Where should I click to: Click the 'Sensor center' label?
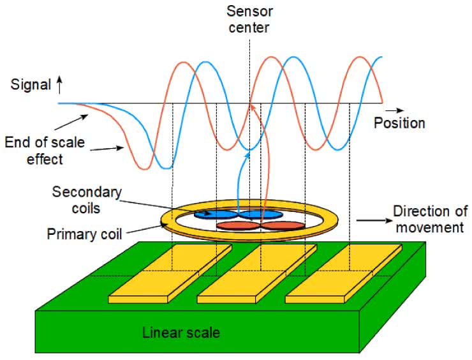pos(250,19)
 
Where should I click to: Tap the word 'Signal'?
pos(31,84)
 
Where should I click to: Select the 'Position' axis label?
pos(399,123)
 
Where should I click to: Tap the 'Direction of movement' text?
pos(431,219)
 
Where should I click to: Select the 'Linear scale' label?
pos(181,333)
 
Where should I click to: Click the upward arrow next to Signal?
pos(59,83)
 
